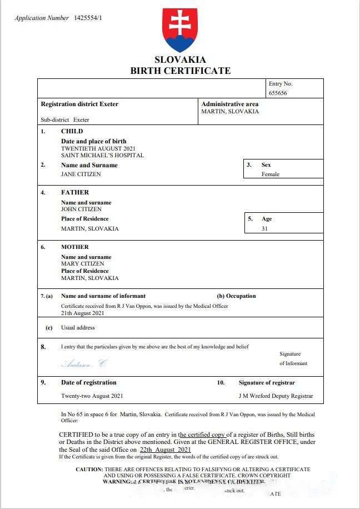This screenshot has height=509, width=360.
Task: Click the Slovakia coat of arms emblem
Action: (x=179, y=30)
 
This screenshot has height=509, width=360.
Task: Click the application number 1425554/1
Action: (x=88, y=18)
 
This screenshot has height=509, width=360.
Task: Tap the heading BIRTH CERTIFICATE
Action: (x=180, y=71)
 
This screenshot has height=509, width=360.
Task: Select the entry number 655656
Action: (x=278, y=93)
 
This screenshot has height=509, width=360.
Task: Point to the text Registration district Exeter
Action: (x=79, y=104)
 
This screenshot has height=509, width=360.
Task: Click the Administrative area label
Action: (x=230, y=104)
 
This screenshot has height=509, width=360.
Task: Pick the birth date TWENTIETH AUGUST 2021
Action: (x=98, y=148)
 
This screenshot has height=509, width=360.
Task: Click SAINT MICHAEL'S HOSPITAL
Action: (x=102, y=156)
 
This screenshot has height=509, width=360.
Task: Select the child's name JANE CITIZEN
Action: (x=81, y=174)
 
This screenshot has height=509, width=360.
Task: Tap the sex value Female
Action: (x=271, y=174)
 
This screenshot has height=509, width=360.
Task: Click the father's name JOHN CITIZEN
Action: (x=81, y=209)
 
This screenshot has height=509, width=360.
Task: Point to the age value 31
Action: (x=265, y=228)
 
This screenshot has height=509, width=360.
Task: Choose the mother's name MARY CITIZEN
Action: (x=83, y=264)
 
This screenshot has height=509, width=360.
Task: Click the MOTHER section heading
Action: (x=75, y=247)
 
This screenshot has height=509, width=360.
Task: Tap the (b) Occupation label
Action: (x=236, y=296)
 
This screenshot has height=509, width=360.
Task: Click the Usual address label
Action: (x=78, y=328)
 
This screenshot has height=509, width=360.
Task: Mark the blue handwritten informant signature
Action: (x=83, y=364)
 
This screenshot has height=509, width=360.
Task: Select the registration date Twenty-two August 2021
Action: (x=92, y=396)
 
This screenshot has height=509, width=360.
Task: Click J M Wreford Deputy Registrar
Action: (x=276, y=396)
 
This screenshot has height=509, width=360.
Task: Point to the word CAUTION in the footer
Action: (x=89, y=470)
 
